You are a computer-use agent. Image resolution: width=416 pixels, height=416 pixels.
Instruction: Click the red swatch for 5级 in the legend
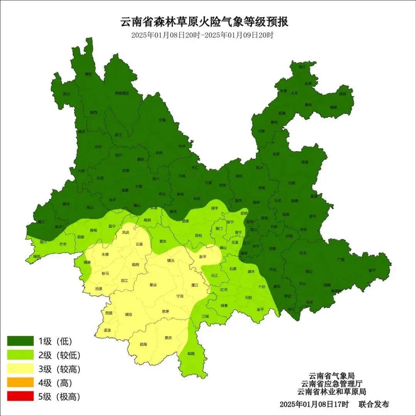(20, 396)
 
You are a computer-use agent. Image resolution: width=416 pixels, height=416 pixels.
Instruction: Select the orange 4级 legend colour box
(20, 382)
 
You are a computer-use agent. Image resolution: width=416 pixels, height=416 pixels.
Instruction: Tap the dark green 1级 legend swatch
(20, 341)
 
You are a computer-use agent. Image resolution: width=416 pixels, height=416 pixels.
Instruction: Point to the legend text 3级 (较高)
(59, 369)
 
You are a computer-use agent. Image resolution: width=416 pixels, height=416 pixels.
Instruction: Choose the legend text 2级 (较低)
(59, 355)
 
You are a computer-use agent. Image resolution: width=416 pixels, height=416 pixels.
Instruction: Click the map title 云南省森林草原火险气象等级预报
(205, 22)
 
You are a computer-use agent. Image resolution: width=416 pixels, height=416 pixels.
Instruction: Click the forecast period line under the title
(202, 35)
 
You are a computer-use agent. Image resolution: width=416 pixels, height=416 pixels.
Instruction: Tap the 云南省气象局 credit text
(332, 376)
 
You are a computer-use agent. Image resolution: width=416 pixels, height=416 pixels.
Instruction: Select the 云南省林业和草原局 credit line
(332, 391)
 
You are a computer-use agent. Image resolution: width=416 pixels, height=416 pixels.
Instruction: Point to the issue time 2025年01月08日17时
(314, 404)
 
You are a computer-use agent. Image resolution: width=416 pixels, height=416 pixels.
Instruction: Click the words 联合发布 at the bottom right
(374, 404)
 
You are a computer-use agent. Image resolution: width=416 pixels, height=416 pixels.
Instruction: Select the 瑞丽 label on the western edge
(36, 256)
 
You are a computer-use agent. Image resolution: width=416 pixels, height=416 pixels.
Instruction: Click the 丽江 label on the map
(118, 135)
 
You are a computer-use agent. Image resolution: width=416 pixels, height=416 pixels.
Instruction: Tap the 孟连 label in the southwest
(107, 330)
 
